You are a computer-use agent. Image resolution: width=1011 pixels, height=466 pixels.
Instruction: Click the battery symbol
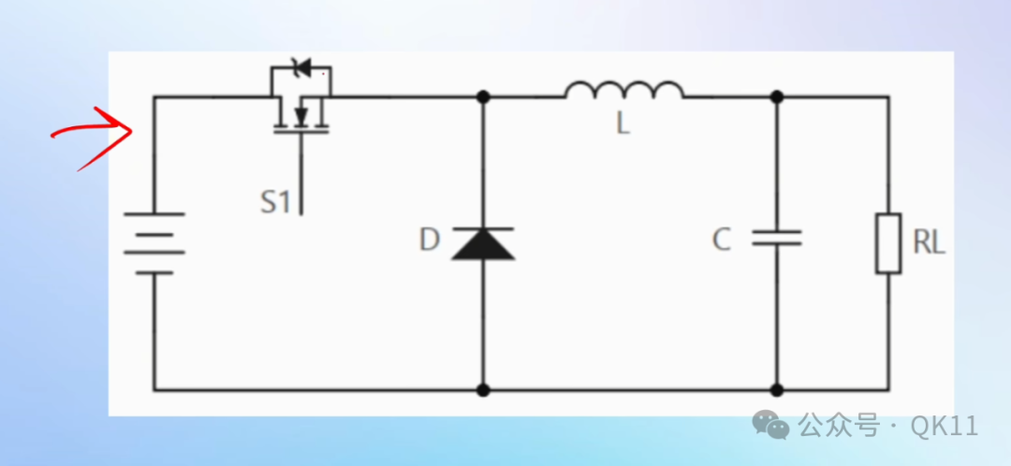tap(154, 243)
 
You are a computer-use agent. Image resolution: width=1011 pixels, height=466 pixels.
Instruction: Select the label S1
tap(275, 202)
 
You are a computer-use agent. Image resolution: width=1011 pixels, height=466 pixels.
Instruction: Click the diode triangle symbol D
tap(483, 243)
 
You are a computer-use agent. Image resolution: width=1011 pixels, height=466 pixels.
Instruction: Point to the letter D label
tap(430, 240)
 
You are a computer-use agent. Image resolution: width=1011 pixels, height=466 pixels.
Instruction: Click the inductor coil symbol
tap(624, 90)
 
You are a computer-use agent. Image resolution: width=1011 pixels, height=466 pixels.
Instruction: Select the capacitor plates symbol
tap(777, 238)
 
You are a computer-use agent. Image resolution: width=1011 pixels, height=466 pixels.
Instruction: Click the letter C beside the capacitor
tap(722, 240)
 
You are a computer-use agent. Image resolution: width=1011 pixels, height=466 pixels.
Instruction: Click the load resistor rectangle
tap(887, 243)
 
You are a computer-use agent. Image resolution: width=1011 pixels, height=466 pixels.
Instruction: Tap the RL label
tap(930, 243)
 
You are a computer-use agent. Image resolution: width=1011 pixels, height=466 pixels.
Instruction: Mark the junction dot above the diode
tap(483, 96)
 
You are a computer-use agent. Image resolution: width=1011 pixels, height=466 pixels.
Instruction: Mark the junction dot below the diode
tap(483, 390)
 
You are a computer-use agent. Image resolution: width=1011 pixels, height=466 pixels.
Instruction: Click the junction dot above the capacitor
tap(777, 96)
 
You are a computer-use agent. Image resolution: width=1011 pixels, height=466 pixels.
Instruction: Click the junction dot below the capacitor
tap(777, 390)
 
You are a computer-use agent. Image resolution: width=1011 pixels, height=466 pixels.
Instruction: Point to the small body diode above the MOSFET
tap(301, 66)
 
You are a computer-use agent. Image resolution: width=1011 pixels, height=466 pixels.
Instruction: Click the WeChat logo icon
tap(770, 425)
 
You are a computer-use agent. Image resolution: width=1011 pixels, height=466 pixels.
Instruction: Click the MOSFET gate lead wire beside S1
tap(301, 174)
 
